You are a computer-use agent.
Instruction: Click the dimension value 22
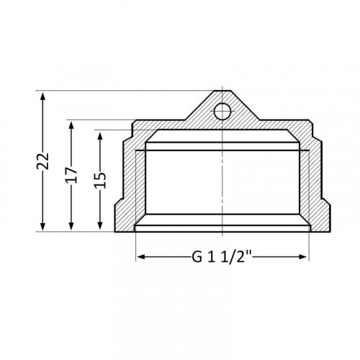(43, 161)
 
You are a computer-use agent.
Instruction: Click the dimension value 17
(71, 175)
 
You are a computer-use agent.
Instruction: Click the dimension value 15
(100, 180)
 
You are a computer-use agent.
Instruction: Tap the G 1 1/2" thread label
(221, 257)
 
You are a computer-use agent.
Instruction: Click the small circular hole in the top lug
(222, 112)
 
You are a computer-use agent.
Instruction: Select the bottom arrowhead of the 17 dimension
(71, 225)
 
